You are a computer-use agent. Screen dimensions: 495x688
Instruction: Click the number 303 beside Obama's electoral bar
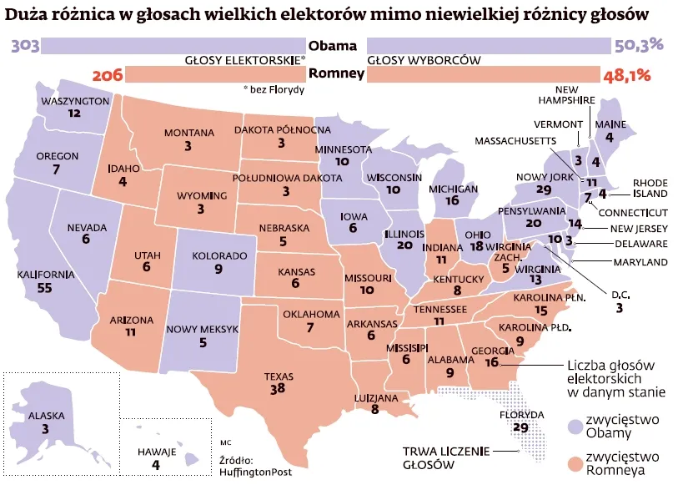click(x=25, y=45)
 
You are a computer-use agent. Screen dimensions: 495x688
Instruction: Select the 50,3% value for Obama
click(x=639, y=45)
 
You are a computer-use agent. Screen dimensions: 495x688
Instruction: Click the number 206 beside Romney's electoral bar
click(x=108, y=75)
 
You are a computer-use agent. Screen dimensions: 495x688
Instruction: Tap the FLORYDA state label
click(x=521, y=414)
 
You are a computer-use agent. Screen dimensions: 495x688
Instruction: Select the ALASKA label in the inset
click(x=45, y=415)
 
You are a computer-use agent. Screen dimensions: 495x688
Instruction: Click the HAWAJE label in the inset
click(x=156, y=452)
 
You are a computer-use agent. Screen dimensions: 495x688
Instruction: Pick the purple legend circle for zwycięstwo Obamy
click(x=574, y=426)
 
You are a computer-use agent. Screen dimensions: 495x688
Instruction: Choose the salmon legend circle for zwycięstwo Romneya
click(x=574, y=463)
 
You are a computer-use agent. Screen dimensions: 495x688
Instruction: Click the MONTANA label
click(x=188, y=133)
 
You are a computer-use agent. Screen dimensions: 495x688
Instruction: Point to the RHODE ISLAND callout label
click(x=650, y=188)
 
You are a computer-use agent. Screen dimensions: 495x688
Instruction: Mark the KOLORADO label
click(x=218, y=256)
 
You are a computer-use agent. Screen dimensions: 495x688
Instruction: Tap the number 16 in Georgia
click(x=491, y=362)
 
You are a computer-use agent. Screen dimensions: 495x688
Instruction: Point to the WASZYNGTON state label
click(x=74, y=101)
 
